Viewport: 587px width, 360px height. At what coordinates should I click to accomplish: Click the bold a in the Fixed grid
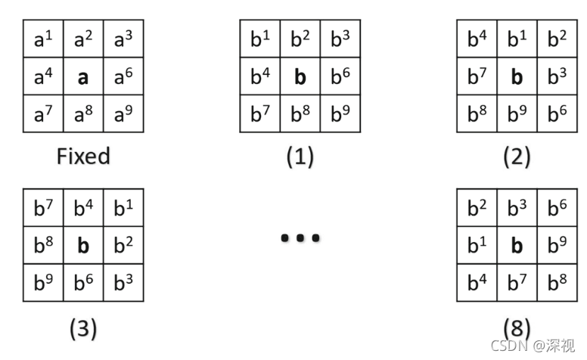click(x=83, y=77)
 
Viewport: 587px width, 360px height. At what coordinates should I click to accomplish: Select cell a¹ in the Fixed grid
click(x=43, y=39)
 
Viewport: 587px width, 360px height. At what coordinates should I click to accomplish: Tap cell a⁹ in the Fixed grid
click(x=123, y=114)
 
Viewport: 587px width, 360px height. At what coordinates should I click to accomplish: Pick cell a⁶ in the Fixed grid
click(x=123, y=77)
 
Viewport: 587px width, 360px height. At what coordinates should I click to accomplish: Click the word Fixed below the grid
click(x=83, y=157)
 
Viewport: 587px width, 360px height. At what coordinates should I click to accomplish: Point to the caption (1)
click(x=300, y=157)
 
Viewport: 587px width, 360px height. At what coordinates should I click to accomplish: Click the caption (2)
click(x=517, y=157)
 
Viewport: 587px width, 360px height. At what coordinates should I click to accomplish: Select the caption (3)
click(x=83, y=328)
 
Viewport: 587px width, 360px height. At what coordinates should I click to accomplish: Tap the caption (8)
click(x=517, y=328)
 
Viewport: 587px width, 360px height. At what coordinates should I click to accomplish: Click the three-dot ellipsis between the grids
click(x=300, y=238)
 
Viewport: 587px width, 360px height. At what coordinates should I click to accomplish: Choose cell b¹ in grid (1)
click(x=260, y=39)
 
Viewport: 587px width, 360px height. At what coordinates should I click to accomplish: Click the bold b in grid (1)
click(x=300, y=77)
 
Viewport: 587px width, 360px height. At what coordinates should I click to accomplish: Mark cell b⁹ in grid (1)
click(x=340, y=114)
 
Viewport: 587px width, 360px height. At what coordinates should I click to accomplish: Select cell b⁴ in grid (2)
click(x=477, y=39)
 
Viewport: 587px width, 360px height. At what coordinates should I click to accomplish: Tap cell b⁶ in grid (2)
click(x=557, y=114)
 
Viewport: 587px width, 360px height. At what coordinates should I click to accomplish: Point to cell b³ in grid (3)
click(x=123, y=283)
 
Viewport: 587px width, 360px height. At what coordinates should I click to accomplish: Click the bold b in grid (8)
click(x=517, y=246)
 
